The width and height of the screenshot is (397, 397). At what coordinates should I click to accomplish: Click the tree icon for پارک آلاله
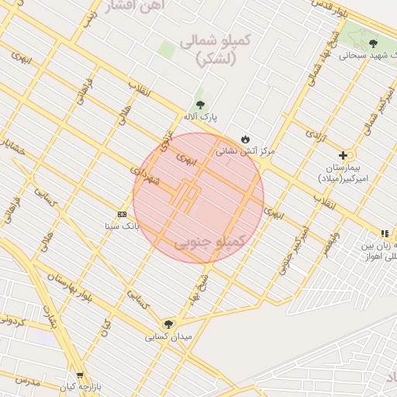[201, 105]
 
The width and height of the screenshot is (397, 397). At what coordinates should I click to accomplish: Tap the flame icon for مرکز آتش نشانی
[246, 139]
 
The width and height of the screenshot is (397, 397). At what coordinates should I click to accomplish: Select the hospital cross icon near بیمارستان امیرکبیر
[343, 155]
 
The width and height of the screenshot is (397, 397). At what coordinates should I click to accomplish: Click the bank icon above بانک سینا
[122, 214]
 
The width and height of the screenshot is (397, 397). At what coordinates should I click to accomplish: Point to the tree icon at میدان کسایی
[168, 324]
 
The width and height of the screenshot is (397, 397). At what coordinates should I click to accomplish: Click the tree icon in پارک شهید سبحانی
[373, 44]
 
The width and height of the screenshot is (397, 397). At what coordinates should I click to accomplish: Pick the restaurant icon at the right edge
[385, 233]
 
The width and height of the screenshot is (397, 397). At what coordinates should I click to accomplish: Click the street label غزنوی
[166, 140]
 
